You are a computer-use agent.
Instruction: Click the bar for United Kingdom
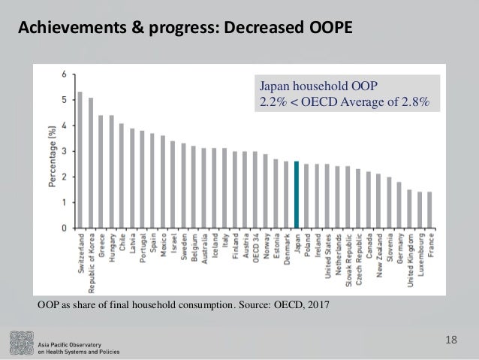click(x=408, y=208)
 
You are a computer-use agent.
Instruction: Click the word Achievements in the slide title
click(x=66, y=29)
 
